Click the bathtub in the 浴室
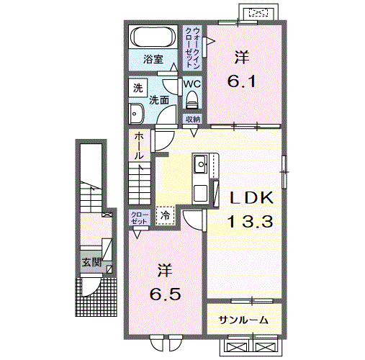point(153,37)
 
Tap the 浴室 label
point(153,59)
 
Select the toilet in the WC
point(192,100)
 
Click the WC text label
point(192,84)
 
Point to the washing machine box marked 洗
point(138,88)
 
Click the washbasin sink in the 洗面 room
point(136,114)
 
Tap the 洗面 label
point(159,100)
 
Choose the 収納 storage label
point(192,120)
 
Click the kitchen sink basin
point(201,164)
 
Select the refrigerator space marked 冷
point(165,216)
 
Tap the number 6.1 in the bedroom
point(242,82)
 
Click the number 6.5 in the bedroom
point(165,294)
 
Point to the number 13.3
point(250,221)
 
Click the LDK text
point(251,198)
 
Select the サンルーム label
point(243,320)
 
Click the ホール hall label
point(139,146)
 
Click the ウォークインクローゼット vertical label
point(193,48)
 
